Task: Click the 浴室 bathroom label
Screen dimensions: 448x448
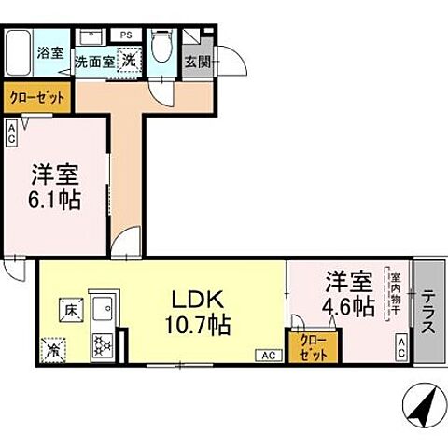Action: coord(50,52)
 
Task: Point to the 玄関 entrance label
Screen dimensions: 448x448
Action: coord(197,64)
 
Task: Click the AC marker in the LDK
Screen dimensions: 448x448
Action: coord(267,355)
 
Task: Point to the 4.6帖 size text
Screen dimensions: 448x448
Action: coord(350,305)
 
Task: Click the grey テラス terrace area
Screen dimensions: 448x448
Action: coord(428,313)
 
